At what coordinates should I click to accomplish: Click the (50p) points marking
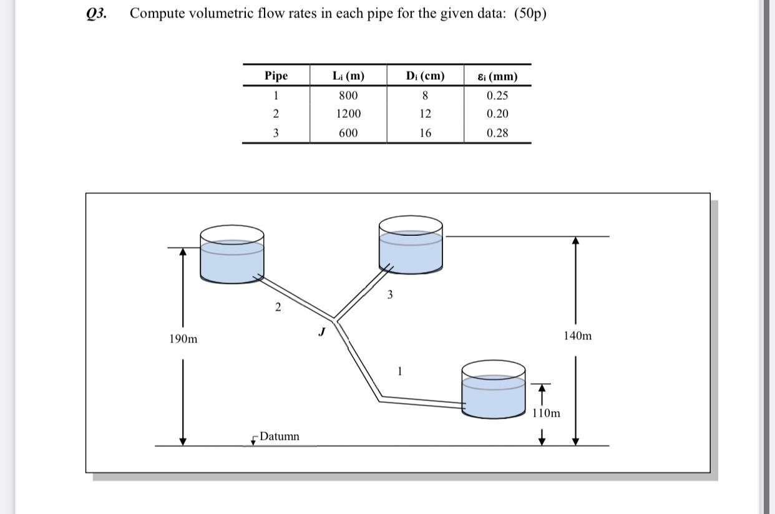[x=530, y=14]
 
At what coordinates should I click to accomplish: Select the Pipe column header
[x=276, y=76]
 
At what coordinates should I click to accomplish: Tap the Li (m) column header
[x=348, y=76]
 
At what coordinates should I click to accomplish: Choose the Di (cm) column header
[x=425, y=76]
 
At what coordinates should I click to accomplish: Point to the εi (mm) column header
[x=497, y=77]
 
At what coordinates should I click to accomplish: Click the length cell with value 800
[x=348, y=95]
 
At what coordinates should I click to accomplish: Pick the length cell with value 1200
[x=348, y=114]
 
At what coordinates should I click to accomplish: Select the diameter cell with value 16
[x=425, y=133]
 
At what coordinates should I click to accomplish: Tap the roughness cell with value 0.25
[x=497, y=95]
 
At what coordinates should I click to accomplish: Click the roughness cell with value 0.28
[x=497, y=133]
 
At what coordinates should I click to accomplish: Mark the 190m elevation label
[x=183, y=339]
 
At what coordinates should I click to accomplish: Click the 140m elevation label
[x=577, y=336]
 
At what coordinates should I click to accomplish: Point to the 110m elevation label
[x=546, y=413]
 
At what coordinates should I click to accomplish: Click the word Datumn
[x=279, y=436]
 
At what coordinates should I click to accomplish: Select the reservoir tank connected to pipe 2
[x=232, y=256]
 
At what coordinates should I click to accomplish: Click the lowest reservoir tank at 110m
[x=493, y=390]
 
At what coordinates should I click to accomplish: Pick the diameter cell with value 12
[x=425, y=114]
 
